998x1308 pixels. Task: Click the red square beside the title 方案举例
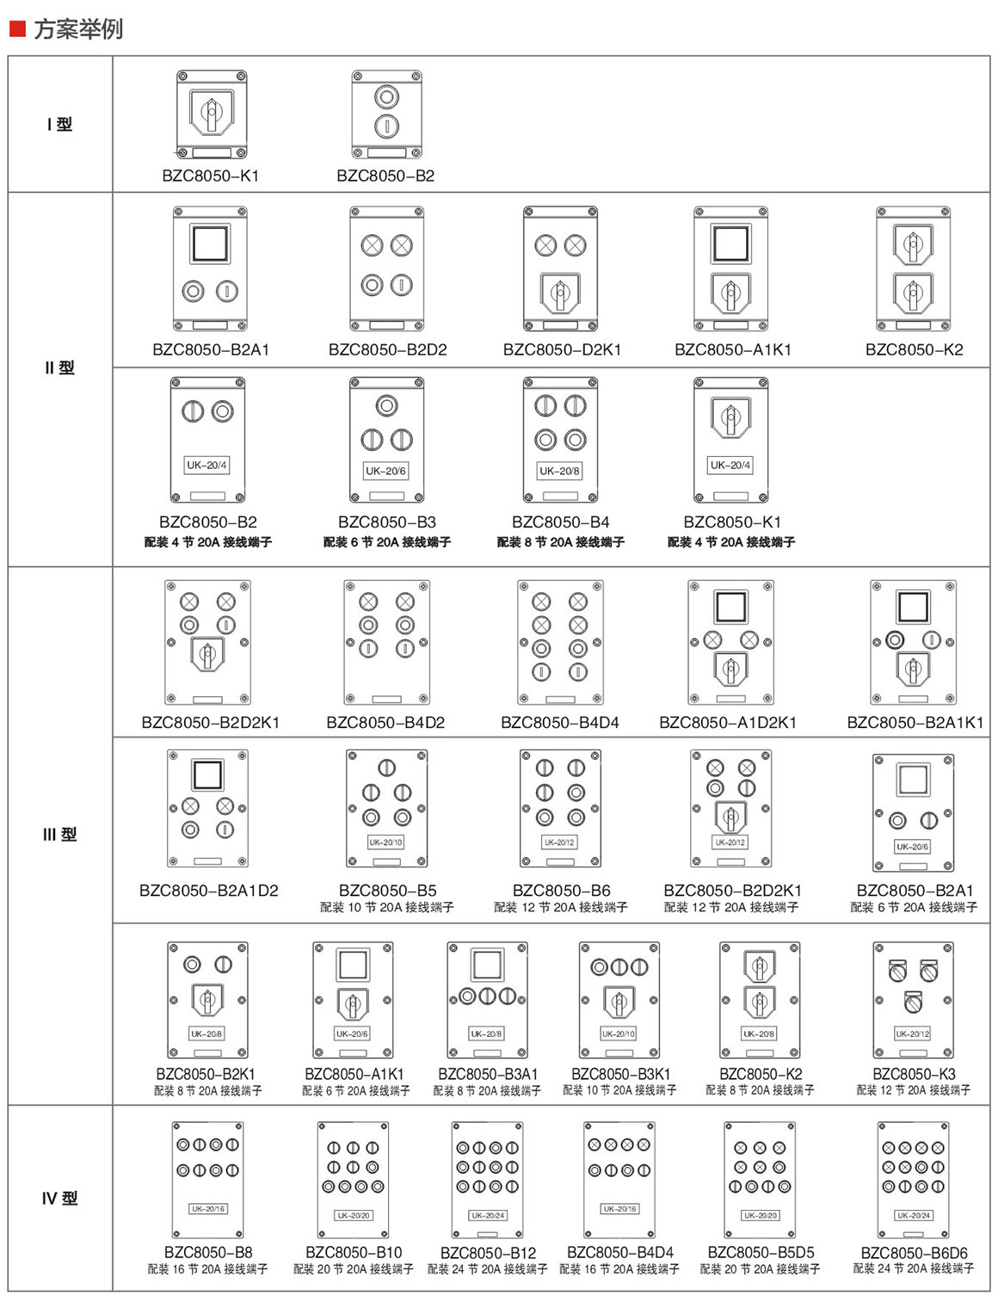17,28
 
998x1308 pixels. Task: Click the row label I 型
59,124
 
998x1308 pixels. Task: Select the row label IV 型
59,1198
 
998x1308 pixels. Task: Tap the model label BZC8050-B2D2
387,349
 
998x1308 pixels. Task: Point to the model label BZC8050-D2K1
562,349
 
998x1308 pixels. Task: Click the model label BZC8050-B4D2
385,722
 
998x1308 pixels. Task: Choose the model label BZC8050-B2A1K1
915,722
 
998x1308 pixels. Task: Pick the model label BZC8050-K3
914,1074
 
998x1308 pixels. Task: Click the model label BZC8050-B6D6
914,1252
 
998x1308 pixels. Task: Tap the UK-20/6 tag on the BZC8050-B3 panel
385,471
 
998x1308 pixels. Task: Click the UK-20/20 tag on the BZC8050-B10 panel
354,1215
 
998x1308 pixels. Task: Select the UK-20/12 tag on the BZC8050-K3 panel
913,1033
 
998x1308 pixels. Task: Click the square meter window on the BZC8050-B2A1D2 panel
207,774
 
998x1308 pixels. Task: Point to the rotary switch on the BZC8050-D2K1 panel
560,293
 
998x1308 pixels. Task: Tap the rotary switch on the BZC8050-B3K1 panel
619,1002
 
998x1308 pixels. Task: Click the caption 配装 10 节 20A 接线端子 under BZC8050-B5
387,907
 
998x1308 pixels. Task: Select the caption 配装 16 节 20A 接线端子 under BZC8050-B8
207,1268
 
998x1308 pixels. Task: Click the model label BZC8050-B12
488,1253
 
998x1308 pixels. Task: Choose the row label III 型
59,834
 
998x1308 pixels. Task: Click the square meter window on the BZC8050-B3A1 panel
487,965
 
